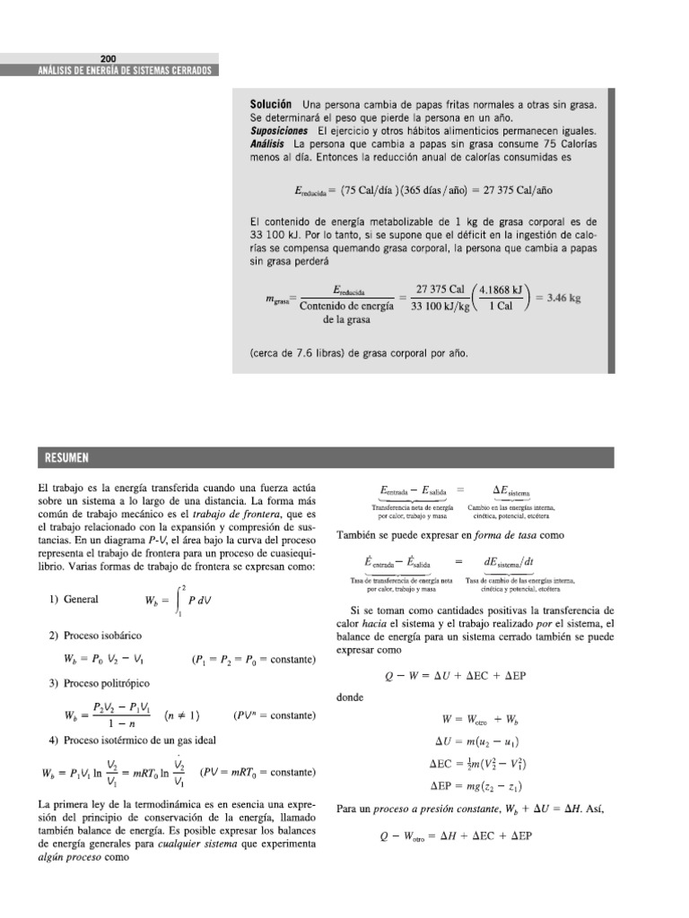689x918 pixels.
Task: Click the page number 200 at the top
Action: pos(108,58)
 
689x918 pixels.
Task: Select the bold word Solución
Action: pos(272,105)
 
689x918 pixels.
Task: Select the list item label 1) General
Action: pos(74,600)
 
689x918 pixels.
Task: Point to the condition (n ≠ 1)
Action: pos(182,715)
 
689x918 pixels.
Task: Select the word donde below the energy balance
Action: pos(350,697)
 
